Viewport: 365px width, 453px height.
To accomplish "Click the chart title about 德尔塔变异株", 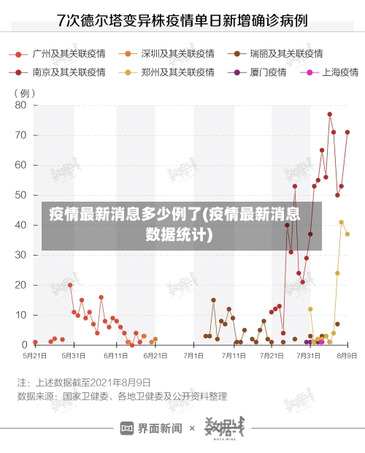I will [182, 20].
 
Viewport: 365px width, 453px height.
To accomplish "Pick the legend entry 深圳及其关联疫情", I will [177, 54].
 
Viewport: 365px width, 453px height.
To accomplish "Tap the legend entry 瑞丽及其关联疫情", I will [285, 54].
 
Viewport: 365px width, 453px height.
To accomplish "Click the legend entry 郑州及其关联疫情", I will [177, 72].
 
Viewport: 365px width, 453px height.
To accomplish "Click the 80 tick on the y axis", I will [20, 105].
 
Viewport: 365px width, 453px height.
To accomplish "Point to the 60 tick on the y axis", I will [20, 165].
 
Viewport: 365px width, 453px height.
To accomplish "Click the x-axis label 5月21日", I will [34, 355].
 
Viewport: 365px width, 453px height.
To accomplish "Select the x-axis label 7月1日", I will [194, 355].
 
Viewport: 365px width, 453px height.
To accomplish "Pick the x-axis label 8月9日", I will [347, 355].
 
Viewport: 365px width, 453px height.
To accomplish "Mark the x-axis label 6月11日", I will [115, 355].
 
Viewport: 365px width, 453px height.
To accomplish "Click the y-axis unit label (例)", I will [24, 93].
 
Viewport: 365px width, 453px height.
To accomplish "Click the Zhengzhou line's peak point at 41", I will [341, 222].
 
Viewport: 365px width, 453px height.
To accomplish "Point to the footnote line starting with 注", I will [84, 382].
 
